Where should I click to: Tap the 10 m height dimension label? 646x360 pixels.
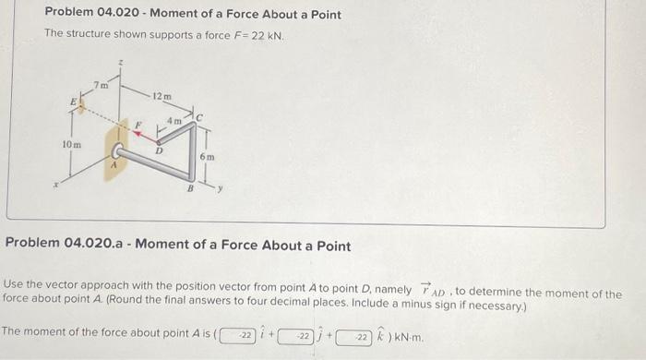pyautogui.click(x=70, y=145)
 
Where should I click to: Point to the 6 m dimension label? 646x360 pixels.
pyautogui.click(x=209, y=158)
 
